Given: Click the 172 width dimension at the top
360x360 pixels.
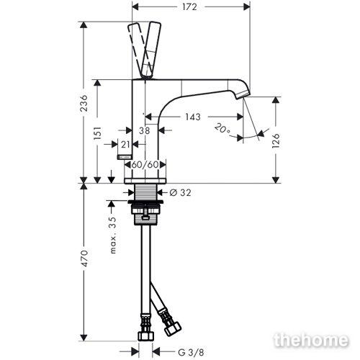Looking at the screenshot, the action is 189,7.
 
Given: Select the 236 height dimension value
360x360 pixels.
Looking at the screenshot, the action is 84,103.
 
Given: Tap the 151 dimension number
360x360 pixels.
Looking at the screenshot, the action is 97,133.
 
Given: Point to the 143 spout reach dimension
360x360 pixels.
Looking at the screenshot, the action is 193,117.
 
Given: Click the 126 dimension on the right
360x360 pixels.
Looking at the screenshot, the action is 276,140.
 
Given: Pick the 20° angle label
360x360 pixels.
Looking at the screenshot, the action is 222,129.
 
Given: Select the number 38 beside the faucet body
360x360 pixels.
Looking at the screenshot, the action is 145,130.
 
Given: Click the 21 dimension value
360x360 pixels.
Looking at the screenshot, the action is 125,145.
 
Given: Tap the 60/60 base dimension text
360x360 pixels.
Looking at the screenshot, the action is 145,165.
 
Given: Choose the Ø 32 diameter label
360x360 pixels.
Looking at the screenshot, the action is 180,192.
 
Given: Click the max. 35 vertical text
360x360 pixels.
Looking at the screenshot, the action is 112,235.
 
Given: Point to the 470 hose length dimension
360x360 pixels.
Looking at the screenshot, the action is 84,258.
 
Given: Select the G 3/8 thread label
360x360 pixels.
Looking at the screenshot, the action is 191,353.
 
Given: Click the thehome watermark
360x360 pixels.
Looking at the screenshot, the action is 311,340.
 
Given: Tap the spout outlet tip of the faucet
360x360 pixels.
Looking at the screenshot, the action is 243,94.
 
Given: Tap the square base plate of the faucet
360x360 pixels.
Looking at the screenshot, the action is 145,181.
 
